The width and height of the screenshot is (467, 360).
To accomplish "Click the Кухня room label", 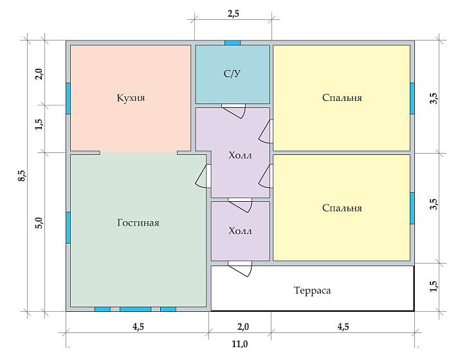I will [131, 98].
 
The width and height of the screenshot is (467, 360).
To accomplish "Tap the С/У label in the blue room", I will [232, 74].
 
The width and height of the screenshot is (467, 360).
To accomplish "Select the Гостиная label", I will [138, 222].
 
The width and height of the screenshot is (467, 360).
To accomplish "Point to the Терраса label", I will [312, 291].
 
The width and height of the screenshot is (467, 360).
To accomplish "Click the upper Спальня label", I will [342, 98].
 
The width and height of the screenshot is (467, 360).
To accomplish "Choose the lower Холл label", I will [240, 231].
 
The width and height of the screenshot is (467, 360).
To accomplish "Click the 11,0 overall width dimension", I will [239, 344].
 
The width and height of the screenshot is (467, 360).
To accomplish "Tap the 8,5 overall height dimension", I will [21, 175].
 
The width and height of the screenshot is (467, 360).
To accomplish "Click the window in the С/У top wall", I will [232, 42].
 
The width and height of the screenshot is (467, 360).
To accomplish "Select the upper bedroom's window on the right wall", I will [412, 98].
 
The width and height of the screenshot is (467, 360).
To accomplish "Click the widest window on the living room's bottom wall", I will [135, 309].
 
